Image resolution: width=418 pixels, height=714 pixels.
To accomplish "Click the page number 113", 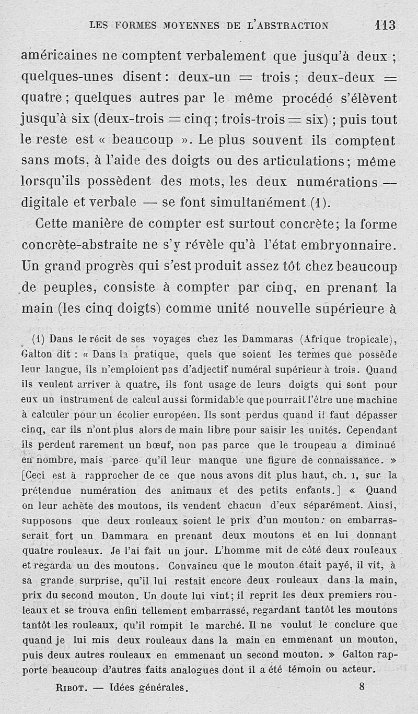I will coord(385,25).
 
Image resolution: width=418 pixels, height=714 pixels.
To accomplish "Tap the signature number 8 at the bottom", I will coord(362,687).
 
